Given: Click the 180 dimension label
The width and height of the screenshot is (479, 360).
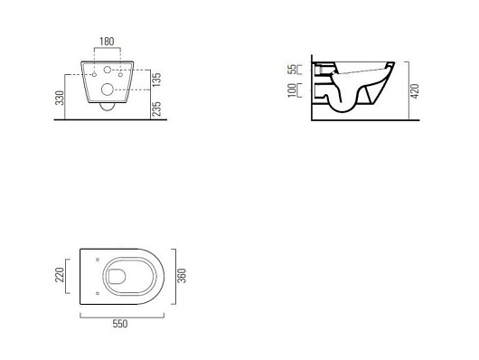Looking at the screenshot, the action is tap(107, 42).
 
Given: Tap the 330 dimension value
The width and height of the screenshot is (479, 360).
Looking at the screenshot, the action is tap(60, 98).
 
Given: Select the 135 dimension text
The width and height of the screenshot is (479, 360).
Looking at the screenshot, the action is tap(156, 80).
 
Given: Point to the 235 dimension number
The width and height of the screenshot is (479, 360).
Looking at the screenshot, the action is tap(156, 109).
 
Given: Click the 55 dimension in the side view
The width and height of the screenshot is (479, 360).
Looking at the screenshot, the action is tap(293, 69).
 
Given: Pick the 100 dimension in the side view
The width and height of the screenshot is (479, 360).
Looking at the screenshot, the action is tap(292, 90).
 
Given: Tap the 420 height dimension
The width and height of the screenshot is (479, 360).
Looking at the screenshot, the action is tap(415, 90).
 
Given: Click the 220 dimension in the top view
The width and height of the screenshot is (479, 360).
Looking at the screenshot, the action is tap(60, 275).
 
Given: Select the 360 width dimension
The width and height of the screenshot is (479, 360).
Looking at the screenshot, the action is tap(182, 276).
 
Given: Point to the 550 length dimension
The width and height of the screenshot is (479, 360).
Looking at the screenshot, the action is tap(120, 324).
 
